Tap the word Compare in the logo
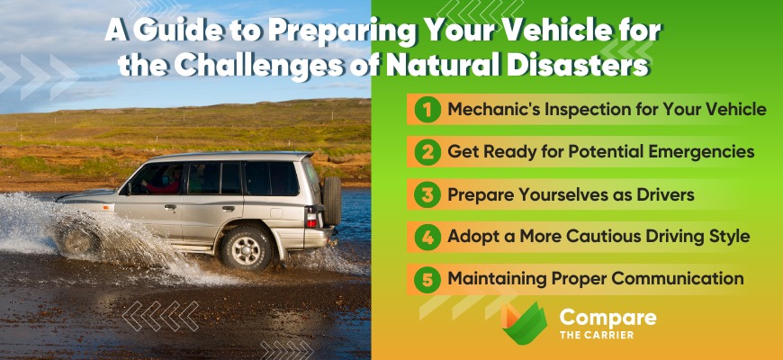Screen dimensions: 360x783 tap(607, 318)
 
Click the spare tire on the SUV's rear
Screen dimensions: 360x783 tap(332, 201)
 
